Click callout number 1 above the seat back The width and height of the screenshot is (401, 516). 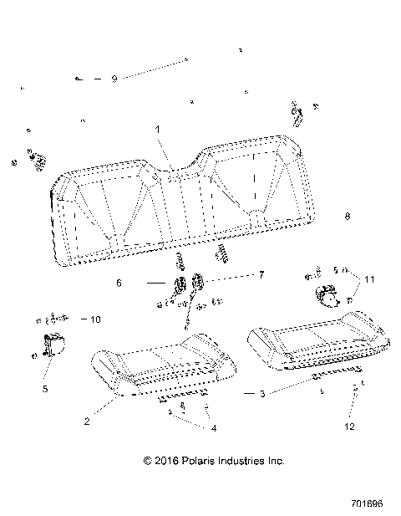point(155,130)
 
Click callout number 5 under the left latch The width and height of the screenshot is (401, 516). point(44,388)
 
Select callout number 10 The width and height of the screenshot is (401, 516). point(95,319)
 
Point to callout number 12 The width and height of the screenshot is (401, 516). point(349,427)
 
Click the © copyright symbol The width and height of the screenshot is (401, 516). point(149,461)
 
